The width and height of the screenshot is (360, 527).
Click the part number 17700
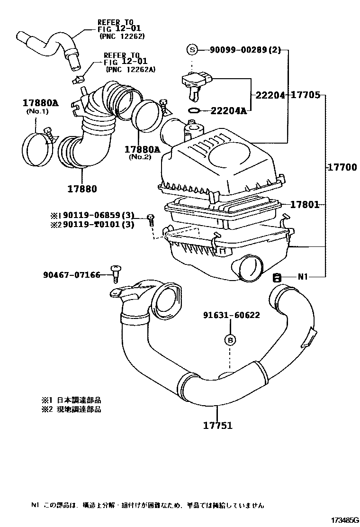(341, 167)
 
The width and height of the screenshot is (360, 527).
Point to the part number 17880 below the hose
(81, 189)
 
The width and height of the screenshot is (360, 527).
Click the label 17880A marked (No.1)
(40, 103)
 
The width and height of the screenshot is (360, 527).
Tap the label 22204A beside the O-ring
(229, 111)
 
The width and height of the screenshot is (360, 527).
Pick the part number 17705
(305, 95)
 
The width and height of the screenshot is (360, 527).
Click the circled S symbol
(192, 50)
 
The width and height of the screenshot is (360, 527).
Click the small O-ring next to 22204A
(194, 111)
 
